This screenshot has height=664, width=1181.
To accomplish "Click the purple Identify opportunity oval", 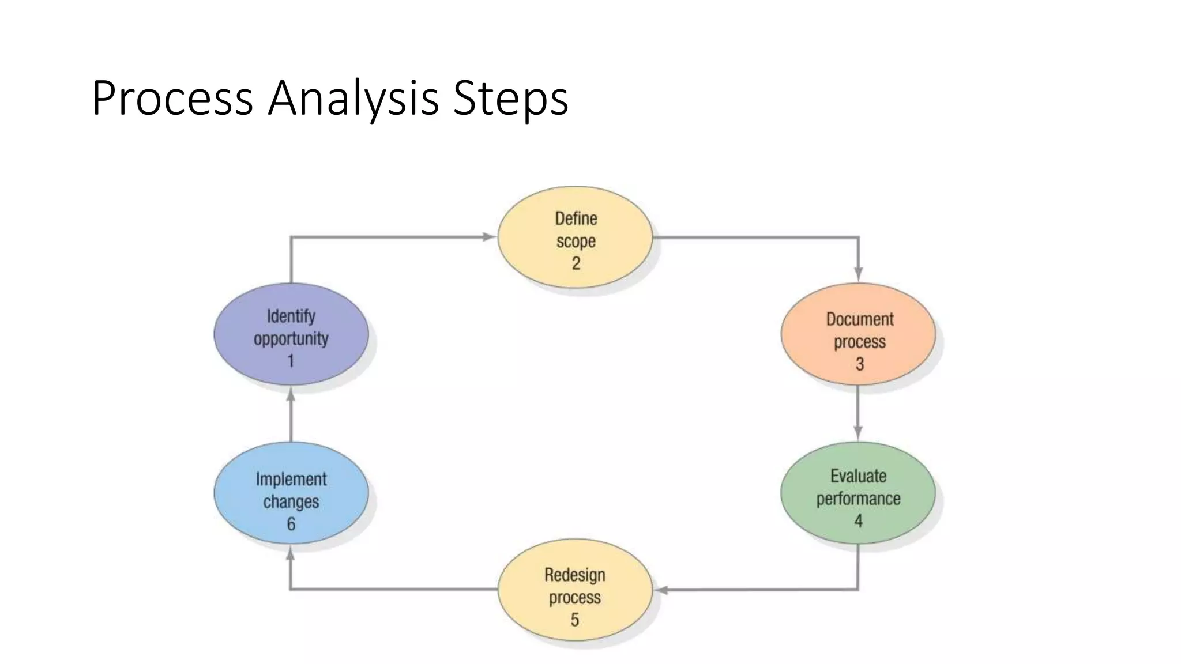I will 291,334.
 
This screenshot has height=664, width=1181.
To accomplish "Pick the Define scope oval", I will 575,237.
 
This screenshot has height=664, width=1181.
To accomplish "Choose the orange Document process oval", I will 858,334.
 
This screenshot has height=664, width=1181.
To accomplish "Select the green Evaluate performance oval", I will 858,493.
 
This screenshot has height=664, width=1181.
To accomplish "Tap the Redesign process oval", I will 575,590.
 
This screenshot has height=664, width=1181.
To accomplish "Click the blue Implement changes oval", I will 291,493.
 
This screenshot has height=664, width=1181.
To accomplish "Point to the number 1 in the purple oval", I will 291,361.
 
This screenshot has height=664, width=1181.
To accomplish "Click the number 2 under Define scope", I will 576,263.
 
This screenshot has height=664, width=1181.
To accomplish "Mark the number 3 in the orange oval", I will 859,364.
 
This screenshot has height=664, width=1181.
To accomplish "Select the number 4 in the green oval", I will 858,521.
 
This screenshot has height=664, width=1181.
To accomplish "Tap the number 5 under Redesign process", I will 574,620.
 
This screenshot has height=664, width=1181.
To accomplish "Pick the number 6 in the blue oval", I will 291,524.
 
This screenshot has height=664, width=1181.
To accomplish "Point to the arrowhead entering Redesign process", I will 661,590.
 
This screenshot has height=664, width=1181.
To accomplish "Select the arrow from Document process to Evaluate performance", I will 858,413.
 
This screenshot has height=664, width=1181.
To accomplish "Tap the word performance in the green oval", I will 858,499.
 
